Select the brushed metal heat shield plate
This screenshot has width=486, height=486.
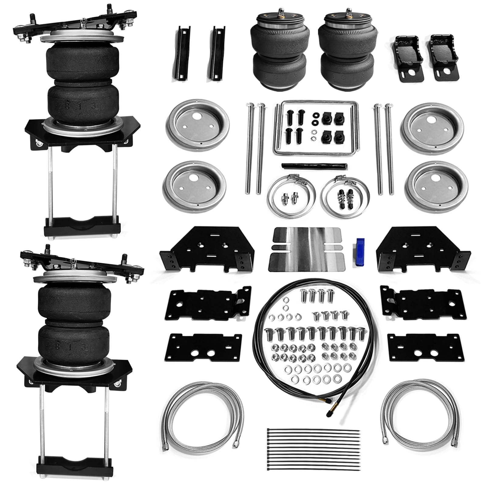pyautogui.click(x=307, y=249)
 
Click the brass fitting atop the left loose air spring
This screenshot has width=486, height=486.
pyautogui.click(x=280, y=14)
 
